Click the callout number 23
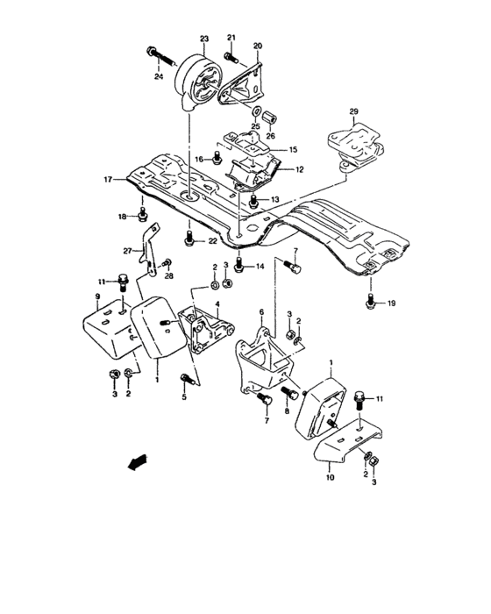coord(203,39)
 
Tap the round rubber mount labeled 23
coord(200,82)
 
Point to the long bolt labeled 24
coord(164,58)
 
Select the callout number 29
coord(354,112)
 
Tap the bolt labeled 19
coord(370,303)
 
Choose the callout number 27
coord(126,250)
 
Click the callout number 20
coord(258,46)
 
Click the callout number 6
coord(261,311)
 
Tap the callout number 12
coord(299,169)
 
